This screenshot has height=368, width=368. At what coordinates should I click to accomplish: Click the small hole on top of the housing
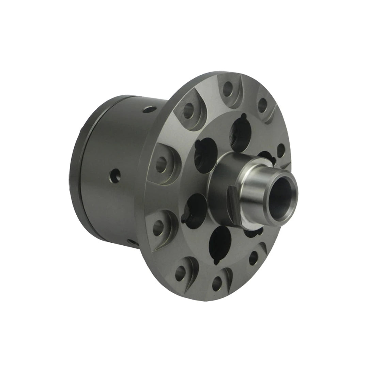(x=148, y=110)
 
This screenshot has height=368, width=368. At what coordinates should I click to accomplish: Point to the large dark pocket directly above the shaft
(x=241, y=133)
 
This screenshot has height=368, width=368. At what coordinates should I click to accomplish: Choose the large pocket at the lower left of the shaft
(x=196, y=208)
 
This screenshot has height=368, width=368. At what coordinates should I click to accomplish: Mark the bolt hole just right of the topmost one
(x=262, y=104)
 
